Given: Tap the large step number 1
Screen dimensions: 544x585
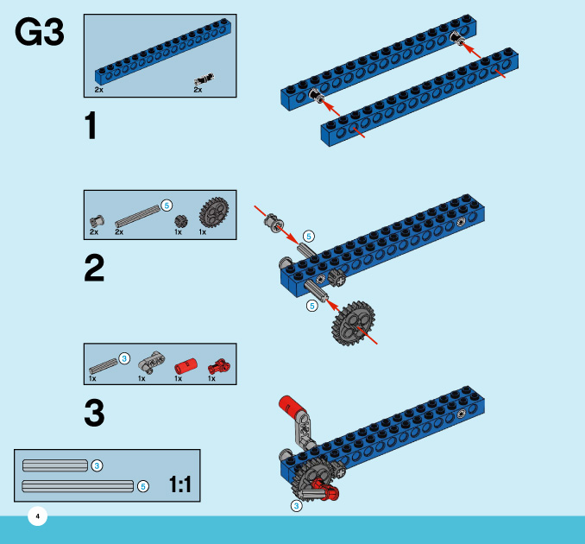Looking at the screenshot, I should pyautogui.click(x=91, y=127).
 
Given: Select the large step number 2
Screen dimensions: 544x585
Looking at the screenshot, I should pyautogui.click(x=94, y=269).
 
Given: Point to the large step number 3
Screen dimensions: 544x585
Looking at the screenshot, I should pyautogui.click(x=94, y=413).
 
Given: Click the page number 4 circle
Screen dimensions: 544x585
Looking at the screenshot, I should pyautogui.click(x=37, y=516).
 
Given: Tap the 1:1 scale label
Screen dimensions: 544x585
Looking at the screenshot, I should pyautogui.click(x=179, y=485).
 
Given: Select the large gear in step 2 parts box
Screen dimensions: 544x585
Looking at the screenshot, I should pyautogui.click(x=213, y=212).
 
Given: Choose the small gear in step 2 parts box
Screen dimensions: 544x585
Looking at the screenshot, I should pyautogui.click(x=180, y=221).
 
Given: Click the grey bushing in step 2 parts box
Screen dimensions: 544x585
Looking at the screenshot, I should pyautogui.click(x=96, y=221).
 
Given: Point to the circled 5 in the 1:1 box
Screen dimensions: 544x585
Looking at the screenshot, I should pyautogui.click(x=143, y=486).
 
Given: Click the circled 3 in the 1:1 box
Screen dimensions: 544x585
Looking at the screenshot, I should pyautogui.click(x=97, y=465).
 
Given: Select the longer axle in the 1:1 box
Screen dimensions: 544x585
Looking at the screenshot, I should pyautogui.click(x=78, y=485).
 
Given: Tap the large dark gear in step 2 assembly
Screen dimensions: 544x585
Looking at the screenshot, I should pyautogui.click(x=353, y=324).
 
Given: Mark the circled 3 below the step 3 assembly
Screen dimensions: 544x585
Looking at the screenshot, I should pyautogui.click(x=296, y=506).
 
